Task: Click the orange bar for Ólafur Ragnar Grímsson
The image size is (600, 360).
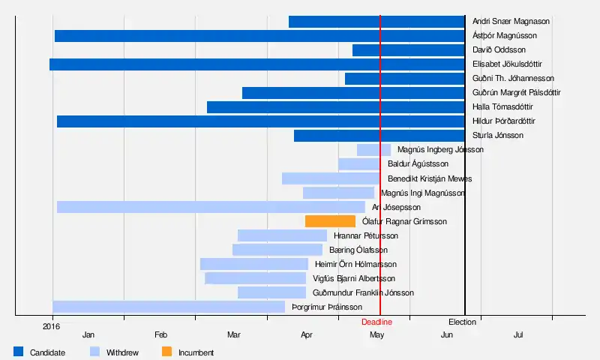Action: click(330, 221)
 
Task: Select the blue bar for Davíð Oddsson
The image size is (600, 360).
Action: click(408, 50)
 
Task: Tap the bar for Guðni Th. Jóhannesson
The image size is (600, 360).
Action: click(404, 79)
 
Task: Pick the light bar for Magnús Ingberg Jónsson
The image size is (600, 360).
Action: click(373, 150)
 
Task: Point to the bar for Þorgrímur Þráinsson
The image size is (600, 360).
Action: click(169, 307)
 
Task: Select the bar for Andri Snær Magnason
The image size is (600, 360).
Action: click(376, 22)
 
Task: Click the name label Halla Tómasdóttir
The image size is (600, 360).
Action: click(502, 107)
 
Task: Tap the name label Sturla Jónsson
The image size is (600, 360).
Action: click(498, 136)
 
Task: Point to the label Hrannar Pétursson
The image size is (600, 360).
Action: click(366, 235)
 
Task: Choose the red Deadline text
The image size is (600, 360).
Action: click(376, 322)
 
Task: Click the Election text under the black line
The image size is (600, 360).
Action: click(462, 322)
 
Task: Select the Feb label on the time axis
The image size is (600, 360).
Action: click(160, 334)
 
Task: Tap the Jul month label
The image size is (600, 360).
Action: click(518, 334)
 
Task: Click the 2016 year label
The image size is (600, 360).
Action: click(52, 326)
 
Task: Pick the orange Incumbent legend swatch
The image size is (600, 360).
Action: click(166, 351)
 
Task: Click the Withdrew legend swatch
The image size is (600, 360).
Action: click(94, 351)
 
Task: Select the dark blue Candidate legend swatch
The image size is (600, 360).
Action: click(19, 351)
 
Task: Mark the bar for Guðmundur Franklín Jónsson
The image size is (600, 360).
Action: click(271, 292)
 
